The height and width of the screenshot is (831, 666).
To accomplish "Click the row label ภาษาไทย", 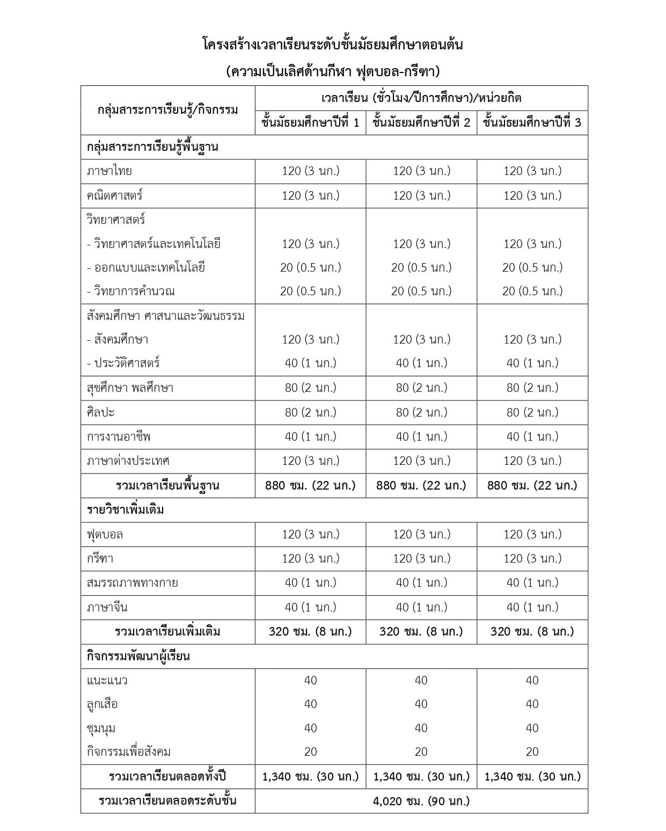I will pyautogui.click(x=109, y=171).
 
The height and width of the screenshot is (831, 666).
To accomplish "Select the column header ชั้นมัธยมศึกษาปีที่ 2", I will pyautogui.click(x=421, y=122).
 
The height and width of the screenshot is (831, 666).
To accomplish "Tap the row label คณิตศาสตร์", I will pyautogui.click(x=115, y=195).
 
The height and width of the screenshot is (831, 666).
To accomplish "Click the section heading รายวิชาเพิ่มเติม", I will pyautogui.click(x=126, y=509).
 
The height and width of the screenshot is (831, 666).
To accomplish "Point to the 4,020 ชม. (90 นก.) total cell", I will pyautogui.click(x=421, y=801).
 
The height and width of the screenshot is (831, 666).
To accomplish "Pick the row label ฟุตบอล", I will pyautogui.click(x=105, y=534).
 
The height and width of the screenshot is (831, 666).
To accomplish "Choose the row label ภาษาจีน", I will pyautogui.click(x=107, y=607).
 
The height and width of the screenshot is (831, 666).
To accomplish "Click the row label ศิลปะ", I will pyautogui.click(x=101, y=412).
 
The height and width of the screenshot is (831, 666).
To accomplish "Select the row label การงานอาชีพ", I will pyautogui.click(x=119, y=436).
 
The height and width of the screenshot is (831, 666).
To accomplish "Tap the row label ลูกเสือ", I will pyautogui.click(x=103, y=704).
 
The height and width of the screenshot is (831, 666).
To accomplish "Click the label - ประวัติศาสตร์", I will pyautogui.click(x=123, y=363).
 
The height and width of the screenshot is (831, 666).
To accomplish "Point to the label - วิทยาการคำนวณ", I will pyautogui.click(x=131, y=291).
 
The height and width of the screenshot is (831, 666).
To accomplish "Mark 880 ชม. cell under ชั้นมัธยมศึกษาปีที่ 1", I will pyautogui.click(x=310, y=485).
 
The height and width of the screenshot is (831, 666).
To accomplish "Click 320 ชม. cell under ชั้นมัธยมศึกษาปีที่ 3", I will pyautogui.click(x=532, y=631).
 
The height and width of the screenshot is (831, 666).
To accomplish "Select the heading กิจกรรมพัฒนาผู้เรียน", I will pyautogui.click(x=138, y=656).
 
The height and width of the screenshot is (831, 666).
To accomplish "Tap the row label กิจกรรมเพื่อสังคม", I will pyautogui.click(x=129, y=752).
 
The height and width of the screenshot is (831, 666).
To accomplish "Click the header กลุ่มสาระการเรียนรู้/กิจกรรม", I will pyautogui.click(x=168, y=110).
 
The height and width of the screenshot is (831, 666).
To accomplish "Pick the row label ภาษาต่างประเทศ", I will pyautogui.click(x=128, y=461).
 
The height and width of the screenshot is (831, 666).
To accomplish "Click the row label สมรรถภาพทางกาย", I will pyautogui.click(x=133, y=582).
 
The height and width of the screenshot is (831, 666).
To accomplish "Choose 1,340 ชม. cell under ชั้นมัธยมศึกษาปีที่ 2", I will pyautogui.click(x=421, y=776).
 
